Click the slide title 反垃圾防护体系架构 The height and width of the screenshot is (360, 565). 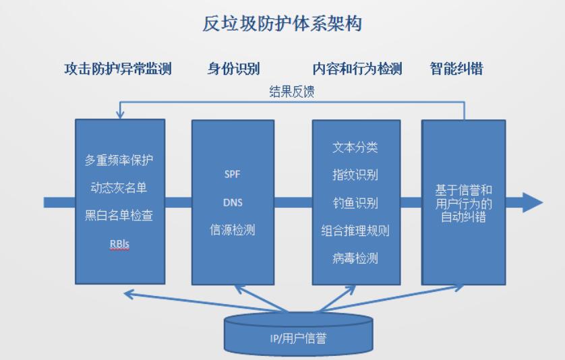(282, 24)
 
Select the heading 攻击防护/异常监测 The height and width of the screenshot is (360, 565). (118, 69)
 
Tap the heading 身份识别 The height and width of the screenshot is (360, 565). (233, 69)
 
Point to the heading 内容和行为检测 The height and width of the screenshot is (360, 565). (357, 69)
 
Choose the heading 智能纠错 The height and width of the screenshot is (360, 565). (456, 69)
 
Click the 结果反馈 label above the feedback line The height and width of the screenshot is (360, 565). (292, 92)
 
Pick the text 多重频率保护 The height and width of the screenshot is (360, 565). (119, 160)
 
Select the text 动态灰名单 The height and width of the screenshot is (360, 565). (119, 187)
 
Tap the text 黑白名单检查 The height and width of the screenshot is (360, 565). (119, 216)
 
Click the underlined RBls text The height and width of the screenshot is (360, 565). (119, 244)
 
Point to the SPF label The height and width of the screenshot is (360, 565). (233, 175)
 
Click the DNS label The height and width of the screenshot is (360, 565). (233, 202)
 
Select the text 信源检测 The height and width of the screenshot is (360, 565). (233, 230)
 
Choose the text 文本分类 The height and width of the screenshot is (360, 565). (355, 147)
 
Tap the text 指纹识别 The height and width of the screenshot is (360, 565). (355, 175)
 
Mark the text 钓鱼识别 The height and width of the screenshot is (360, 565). (355, 203)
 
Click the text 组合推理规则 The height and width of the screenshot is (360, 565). (355, 231)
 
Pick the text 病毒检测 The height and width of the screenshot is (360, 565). (355, 258)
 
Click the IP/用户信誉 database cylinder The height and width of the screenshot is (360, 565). (299, 334)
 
